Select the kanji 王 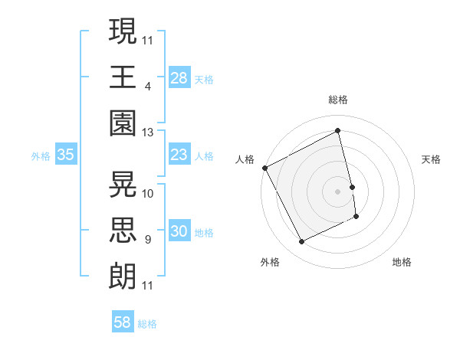pyautogui.click(x=123, y=77)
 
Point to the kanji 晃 pyautogui.click(x=123, y=184)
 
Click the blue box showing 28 pyautogui.click(x=179, y=78)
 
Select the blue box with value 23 pyautogui.click(x=179, y=155)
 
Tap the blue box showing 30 pyautogui.click(x=179, y=231)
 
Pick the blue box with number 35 pyautogui.click(x=66, y=155)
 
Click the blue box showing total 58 pyautogui.click(x=123, y=322)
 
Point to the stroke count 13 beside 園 pyautogui.click(x=148, y=133)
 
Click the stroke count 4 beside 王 pyautogui.click(x=147, y=86)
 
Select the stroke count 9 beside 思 pyautogui.click(x=147, y=240)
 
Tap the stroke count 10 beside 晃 pyautogui.click(x=148, y=193)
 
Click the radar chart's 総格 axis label pyautogui.click(x=337, y=100)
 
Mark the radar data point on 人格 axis pyautogui.click(x=264, y=168)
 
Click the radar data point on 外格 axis pyautogui.click(x=301, y=242)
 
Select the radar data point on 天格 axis pyautogui.click(x=352, y=186)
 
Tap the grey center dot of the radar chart pyautogui.click(x=337, y=191)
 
